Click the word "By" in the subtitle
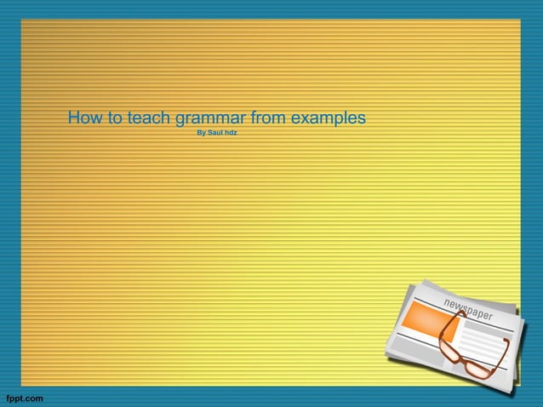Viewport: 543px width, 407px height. point(201,133)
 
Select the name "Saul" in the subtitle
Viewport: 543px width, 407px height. point(215,133)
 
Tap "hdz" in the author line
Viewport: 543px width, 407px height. point(231,133)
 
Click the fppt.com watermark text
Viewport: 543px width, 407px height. point(23,398)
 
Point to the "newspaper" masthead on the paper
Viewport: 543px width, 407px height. point(467,310)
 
